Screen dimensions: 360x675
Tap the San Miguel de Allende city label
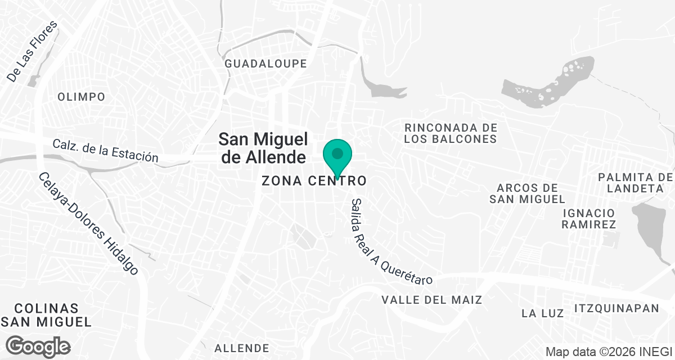263,147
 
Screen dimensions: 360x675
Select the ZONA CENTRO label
314,181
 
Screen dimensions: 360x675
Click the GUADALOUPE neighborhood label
266,64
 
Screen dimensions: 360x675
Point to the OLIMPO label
82,97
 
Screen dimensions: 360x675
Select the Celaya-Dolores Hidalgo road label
89,223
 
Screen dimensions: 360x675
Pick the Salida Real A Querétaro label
391,242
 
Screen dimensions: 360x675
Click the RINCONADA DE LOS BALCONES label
451,133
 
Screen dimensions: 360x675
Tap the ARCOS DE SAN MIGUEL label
527,193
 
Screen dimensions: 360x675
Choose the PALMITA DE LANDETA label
636,183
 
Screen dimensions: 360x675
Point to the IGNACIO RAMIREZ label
588,219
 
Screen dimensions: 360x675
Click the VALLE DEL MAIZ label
432,300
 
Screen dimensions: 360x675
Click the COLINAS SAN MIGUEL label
47,315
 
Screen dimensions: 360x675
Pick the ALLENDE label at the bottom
242,348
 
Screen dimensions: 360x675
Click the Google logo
38,345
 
